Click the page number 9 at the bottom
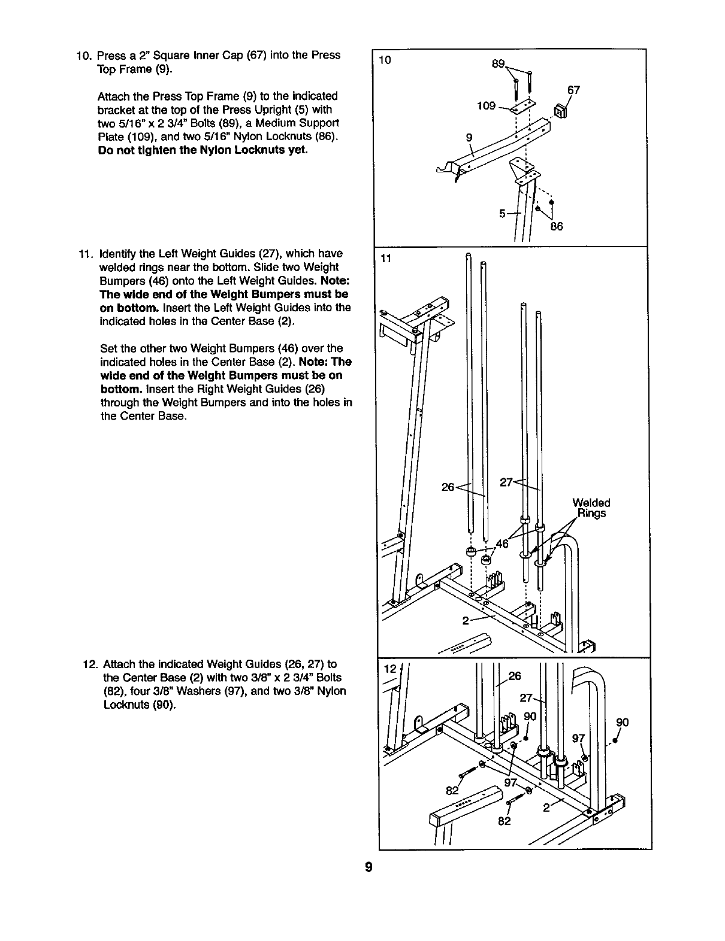tap(369, 867)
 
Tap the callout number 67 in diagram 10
tap(573, 90)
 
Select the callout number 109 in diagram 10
tap(486, 106)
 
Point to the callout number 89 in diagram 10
tap(499, 64)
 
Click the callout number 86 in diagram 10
tap(557, 227)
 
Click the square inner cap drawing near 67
tap(561, 111)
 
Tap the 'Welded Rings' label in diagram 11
tap(591, 508)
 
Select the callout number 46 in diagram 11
tap(502, 544)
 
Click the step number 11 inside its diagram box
tap(386, 258)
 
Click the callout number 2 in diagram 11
tap(465, 621)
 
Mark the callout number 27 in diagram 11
tap(506, 482)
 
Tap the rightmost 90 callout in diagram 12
tap(622, 723)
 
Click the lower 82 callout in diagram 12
tap(505, 821)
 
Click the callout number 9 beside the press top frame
tap(469, 137)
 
